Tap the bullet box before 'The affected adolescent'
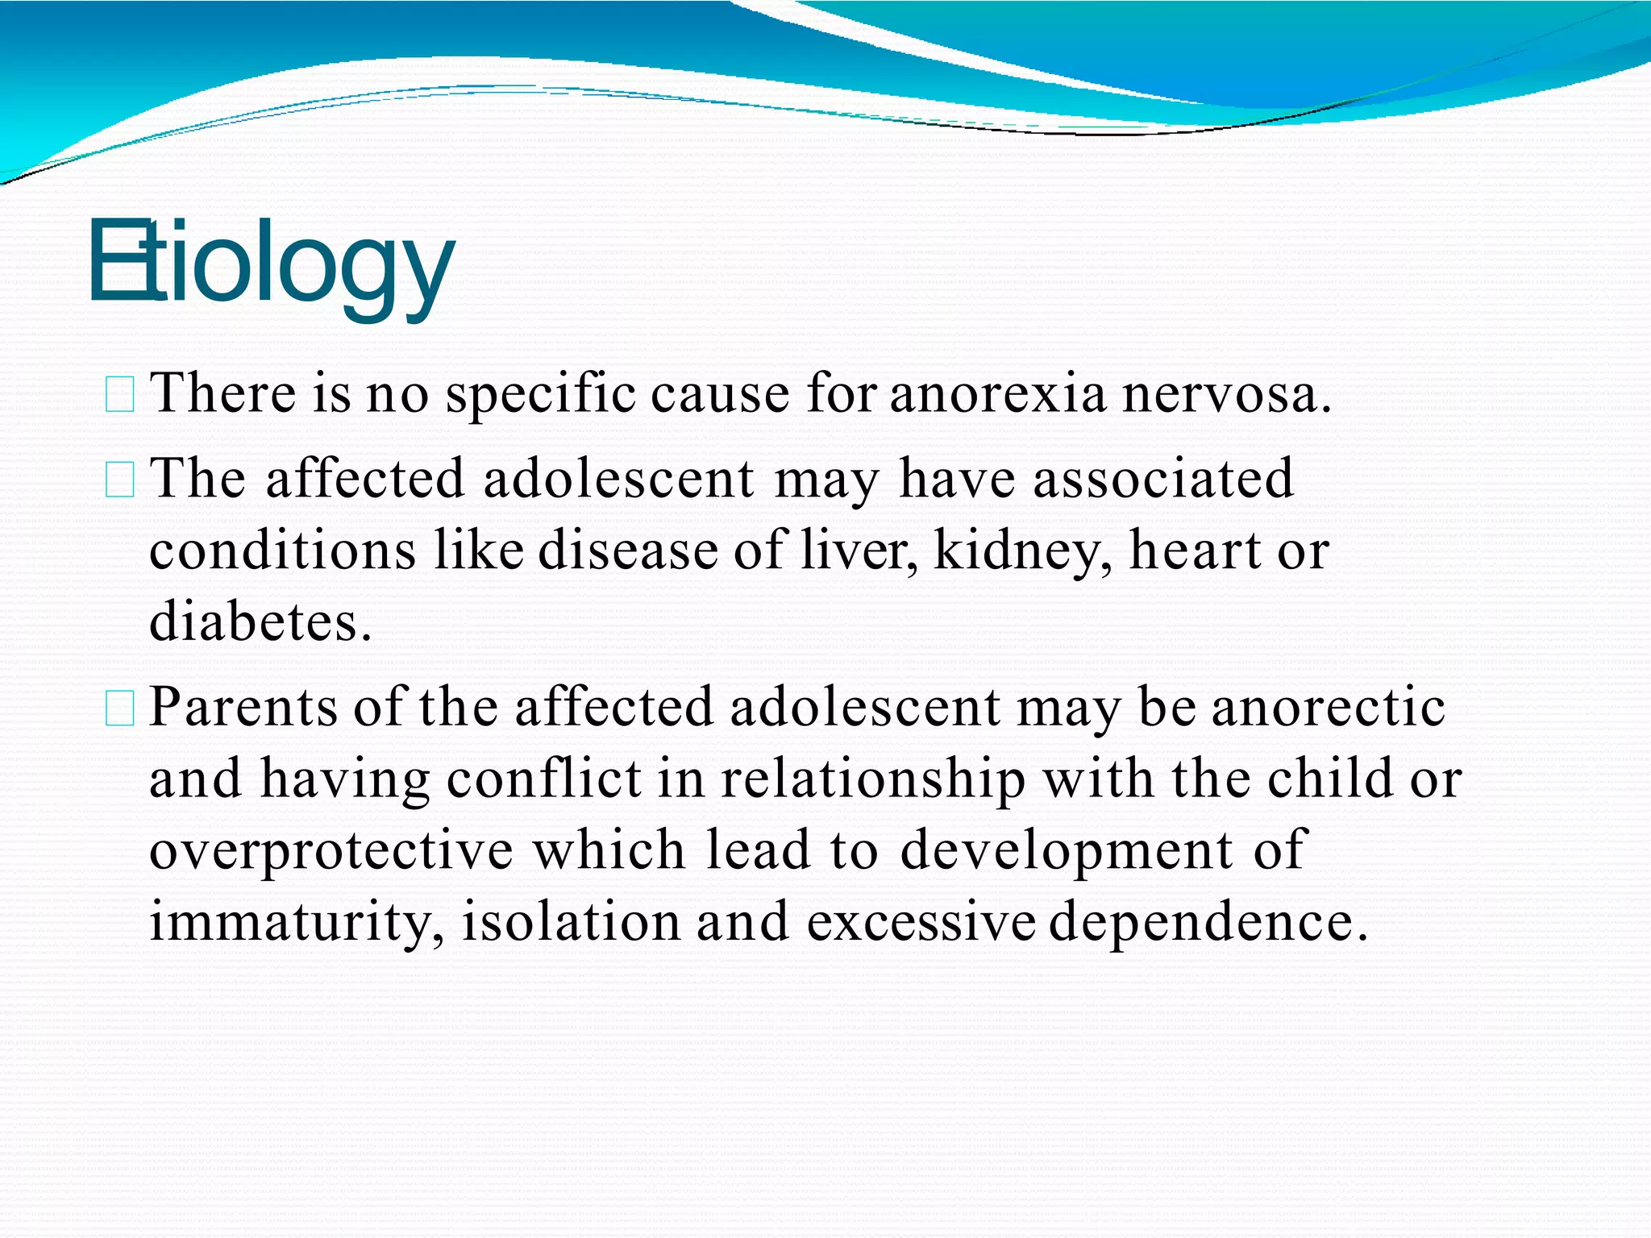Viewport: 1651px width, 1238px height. pyautogui.click(x=119, y=480)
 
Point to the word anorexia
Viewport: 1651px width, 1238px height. pyautogui.click(x=998, y=394)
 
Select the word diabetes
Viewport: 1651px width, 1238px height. pyautogui.click(x=260, y=622)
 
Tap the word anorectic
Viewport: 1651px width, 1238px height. pyautogui.click(x=1328, y=708)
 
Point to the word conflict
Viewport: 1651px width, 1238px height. pyautogui.click(x=543, y=779)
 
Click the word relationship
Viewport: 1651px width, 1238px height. pyautogui.click(x=872, y=779)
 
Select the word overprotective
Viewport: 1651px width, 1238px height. pyautogui.click(x=331, y=851)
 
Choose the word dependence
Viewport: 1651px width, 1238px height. pyautogui.click(x=1208, y=922)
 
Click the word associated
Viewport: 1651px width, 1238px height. pyautogui.click(x=1162, y=479)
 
